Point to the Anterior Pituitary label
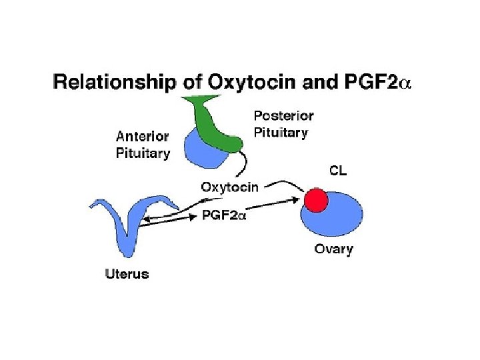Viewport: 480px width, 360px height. click(x=143, y=144)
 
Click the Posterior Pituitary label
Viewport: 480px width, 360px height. click(x=283, y=124)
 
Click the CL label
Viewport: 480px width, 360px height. click(x=338, y=171)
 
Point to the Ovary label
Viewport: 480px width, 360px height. click(x=333, y=250)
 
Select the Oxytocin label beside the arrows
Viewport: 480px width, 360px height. click(x=229, y=187)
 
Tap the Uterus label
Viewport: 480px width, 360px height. click(x=127, y=273)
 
